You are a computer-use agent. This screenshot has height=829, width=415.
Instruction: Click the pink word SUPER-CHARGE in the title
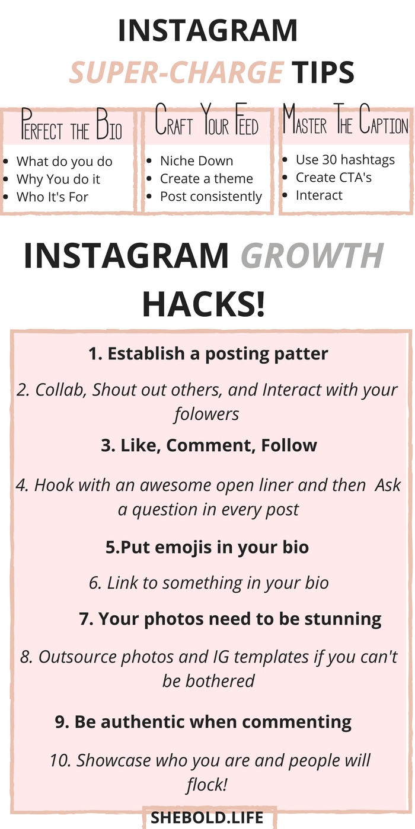click(x=177, y=72)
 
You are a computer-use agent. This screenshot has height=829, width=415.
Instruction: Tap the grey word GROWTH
click(x=312, y=255)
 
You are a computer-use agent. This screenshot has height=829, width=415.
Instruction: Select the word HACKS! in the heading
click(x=204, y=304)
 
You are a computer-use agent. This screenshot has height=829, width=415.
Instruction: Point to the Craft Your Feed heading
click(x=206, y=120)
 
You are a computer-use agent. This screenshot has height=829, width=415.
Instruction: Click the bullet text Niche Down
click(x=196, y=161)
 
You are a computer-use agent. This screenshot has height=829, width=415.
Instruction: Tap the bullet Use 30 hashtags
click(x=345, y=160)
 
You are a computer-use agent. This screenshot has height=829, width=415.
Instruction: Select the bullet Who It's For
click(x=52, y=197)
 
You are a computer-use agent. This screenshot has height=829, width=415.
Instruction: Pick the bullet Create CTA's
click(x=333, y=178)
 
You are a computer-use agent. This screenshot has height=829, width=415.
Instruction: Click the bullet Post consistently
click(x=211, y=197)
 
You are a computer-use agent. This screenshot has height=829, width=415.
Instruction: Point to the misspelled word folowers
click(x=207, y=414)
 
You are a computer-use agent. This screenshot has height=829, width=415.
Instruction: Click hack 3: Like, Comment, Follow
click(x=209, y=445)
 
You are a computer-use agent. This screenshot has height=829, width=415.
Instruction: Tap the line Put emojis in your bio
click(x=207, y=547)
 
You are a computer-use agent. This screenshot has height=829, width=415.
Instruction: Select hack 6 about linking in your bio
click(x=209, y=583)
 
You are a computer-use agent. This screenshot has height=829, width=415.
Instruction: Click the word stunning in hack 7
click(x=343, y=619)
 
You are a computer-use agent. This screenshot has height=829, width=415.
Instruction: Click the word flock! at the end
click(x=207, y=784)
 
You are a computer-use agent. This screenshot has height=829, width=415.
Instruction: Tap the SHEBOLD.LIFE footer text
click(x=207, y=817)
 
